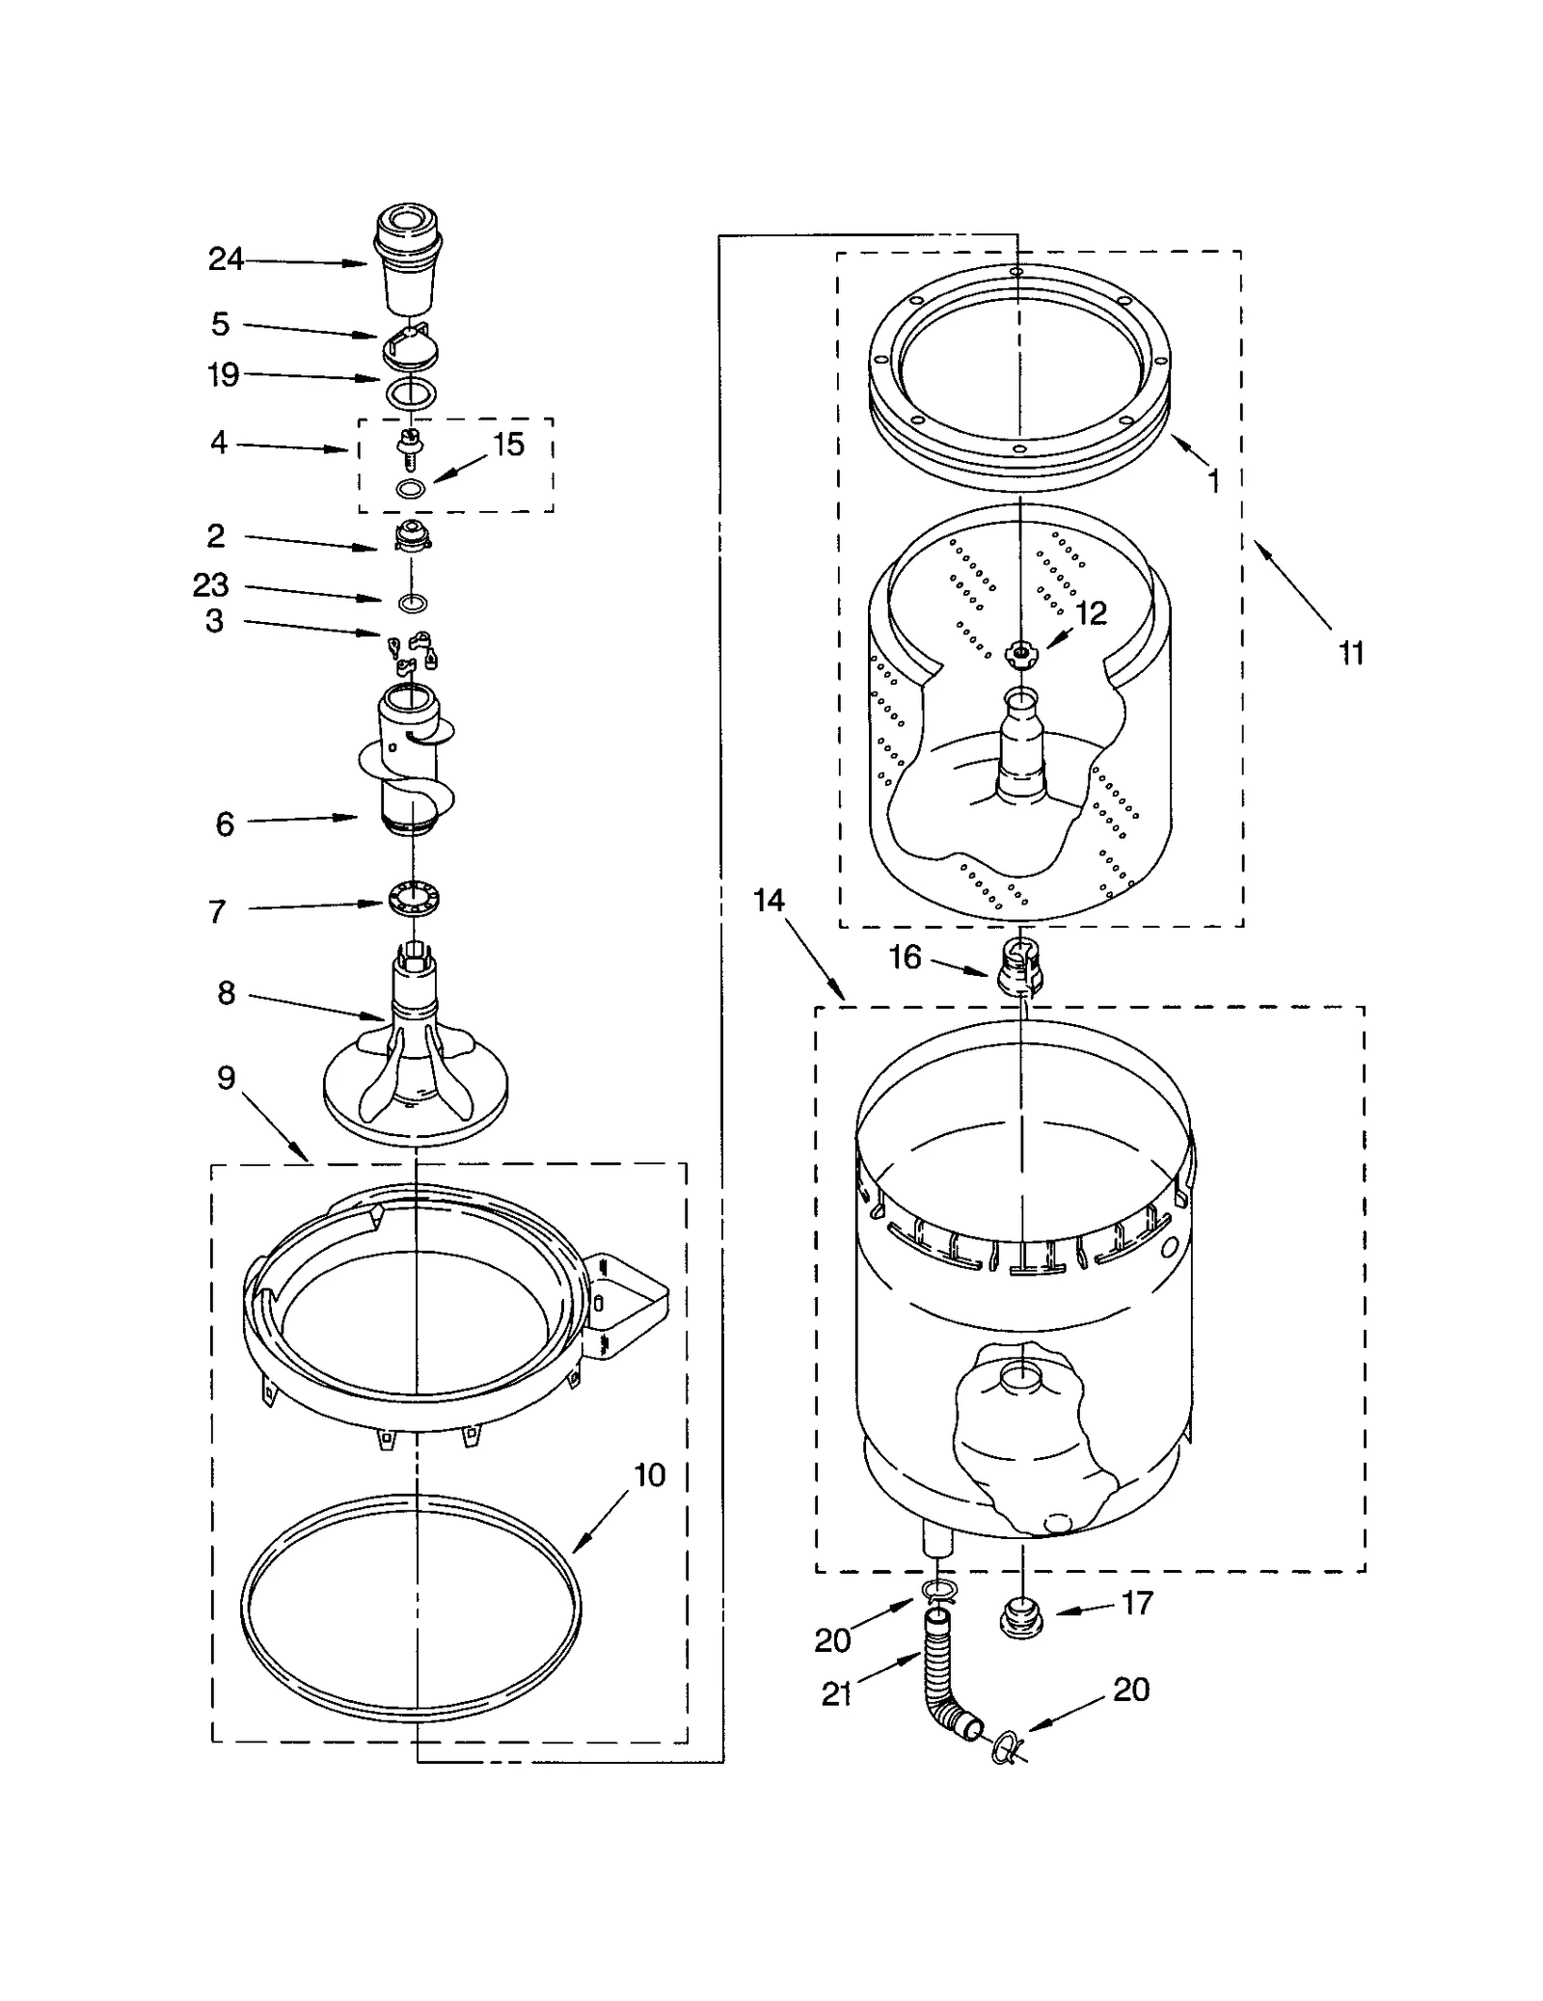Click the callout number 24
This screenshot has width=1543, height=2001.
click(x=226, y=259)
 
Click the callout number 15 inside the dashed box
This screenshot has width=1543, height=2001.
click(x=508, y=445)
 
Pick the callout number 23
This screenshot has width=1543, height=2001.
click(x=211, y=584)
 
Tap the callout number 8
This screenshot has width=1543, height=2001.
click(x=226, y=992)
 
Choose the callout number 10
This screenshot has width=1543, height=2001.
click(x=650, y=1474)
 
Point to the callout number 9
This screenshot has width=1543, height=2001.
click(x=226, y=1077)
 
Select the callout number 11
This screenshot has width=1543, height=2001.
click(x=1351, y=654)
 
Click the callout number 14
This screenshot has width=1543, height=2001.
click(x=769, y=901)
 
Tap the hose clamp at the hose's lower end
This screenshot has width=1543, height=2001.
click(x=1004, y=1744)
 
